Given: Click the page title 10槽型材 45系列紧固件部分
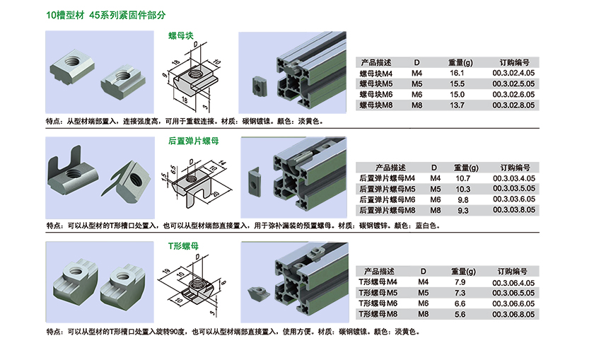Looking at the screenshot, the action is [105, 15].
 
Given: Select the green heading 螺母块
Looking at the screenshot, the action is [181, 35].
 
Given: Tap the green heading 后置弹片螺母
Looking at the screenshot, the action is [194, 141].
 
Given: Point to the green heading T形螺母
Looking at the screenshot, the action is [183, 246].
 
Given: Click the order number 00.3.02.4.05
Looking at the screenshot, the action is [513, 73].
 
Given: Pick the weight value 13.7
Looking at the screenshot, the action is [457, 105].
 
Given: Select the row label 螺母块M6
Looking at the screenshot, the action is [375, 95].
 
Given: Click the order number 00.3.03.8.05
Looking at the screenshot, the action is [514, 210].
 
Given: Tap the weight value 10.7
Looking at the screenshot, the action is [463, 178].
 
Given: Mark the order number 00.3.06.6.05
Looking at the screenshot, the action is [513, 304].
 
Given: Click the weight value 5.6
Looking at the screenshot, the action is [460, 315].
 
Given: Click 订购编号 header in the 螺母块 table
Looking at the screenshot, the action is [514, 62].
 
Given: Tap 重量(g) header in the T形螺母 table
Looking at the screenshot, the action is [463, 272].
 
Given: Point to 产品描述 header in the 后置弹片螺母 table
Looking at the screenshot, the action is [390, 168].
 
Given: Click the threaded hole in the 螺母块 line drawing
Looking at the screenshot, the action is [195, 73].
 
